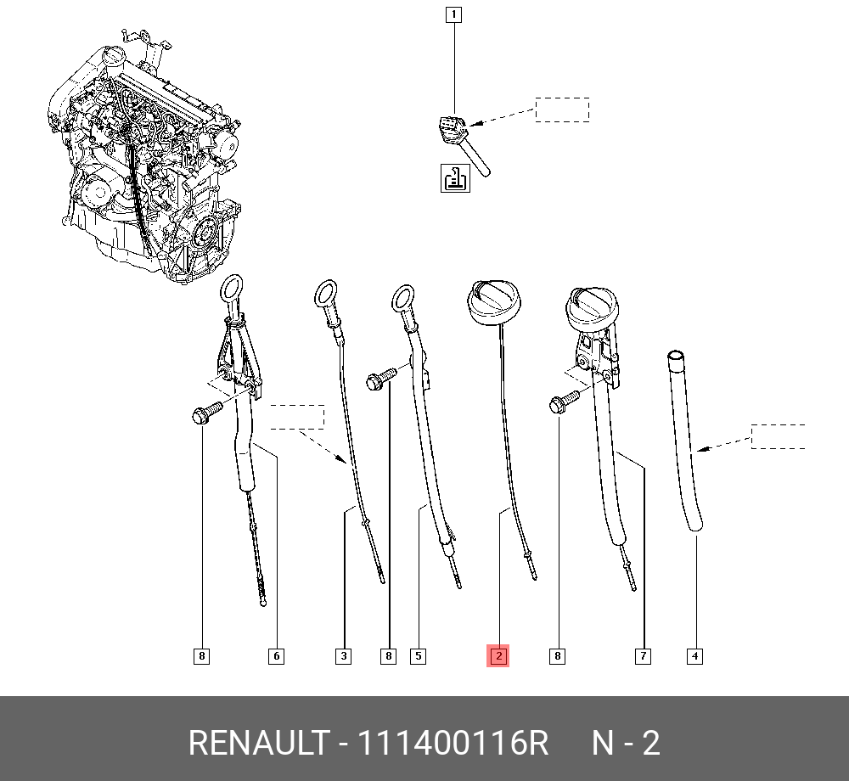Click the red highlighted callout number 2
(498, 655)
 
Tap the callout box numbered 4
(694, 655)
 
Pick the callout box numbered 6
(275, 655)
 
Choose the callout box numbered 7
(644, 655)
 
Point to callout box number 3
(343, 655)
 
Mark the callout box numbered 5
(418, 655)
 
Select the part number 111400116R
(453, 744)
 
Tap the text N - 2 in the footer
(626, 744)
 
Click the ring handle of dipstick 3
(326, 295)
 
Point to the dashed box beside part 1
(561, 110)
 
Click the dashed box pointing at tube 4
(779, 435)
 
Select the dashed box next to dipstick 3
(297, 417)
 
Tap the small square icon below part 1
(455, 177)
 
